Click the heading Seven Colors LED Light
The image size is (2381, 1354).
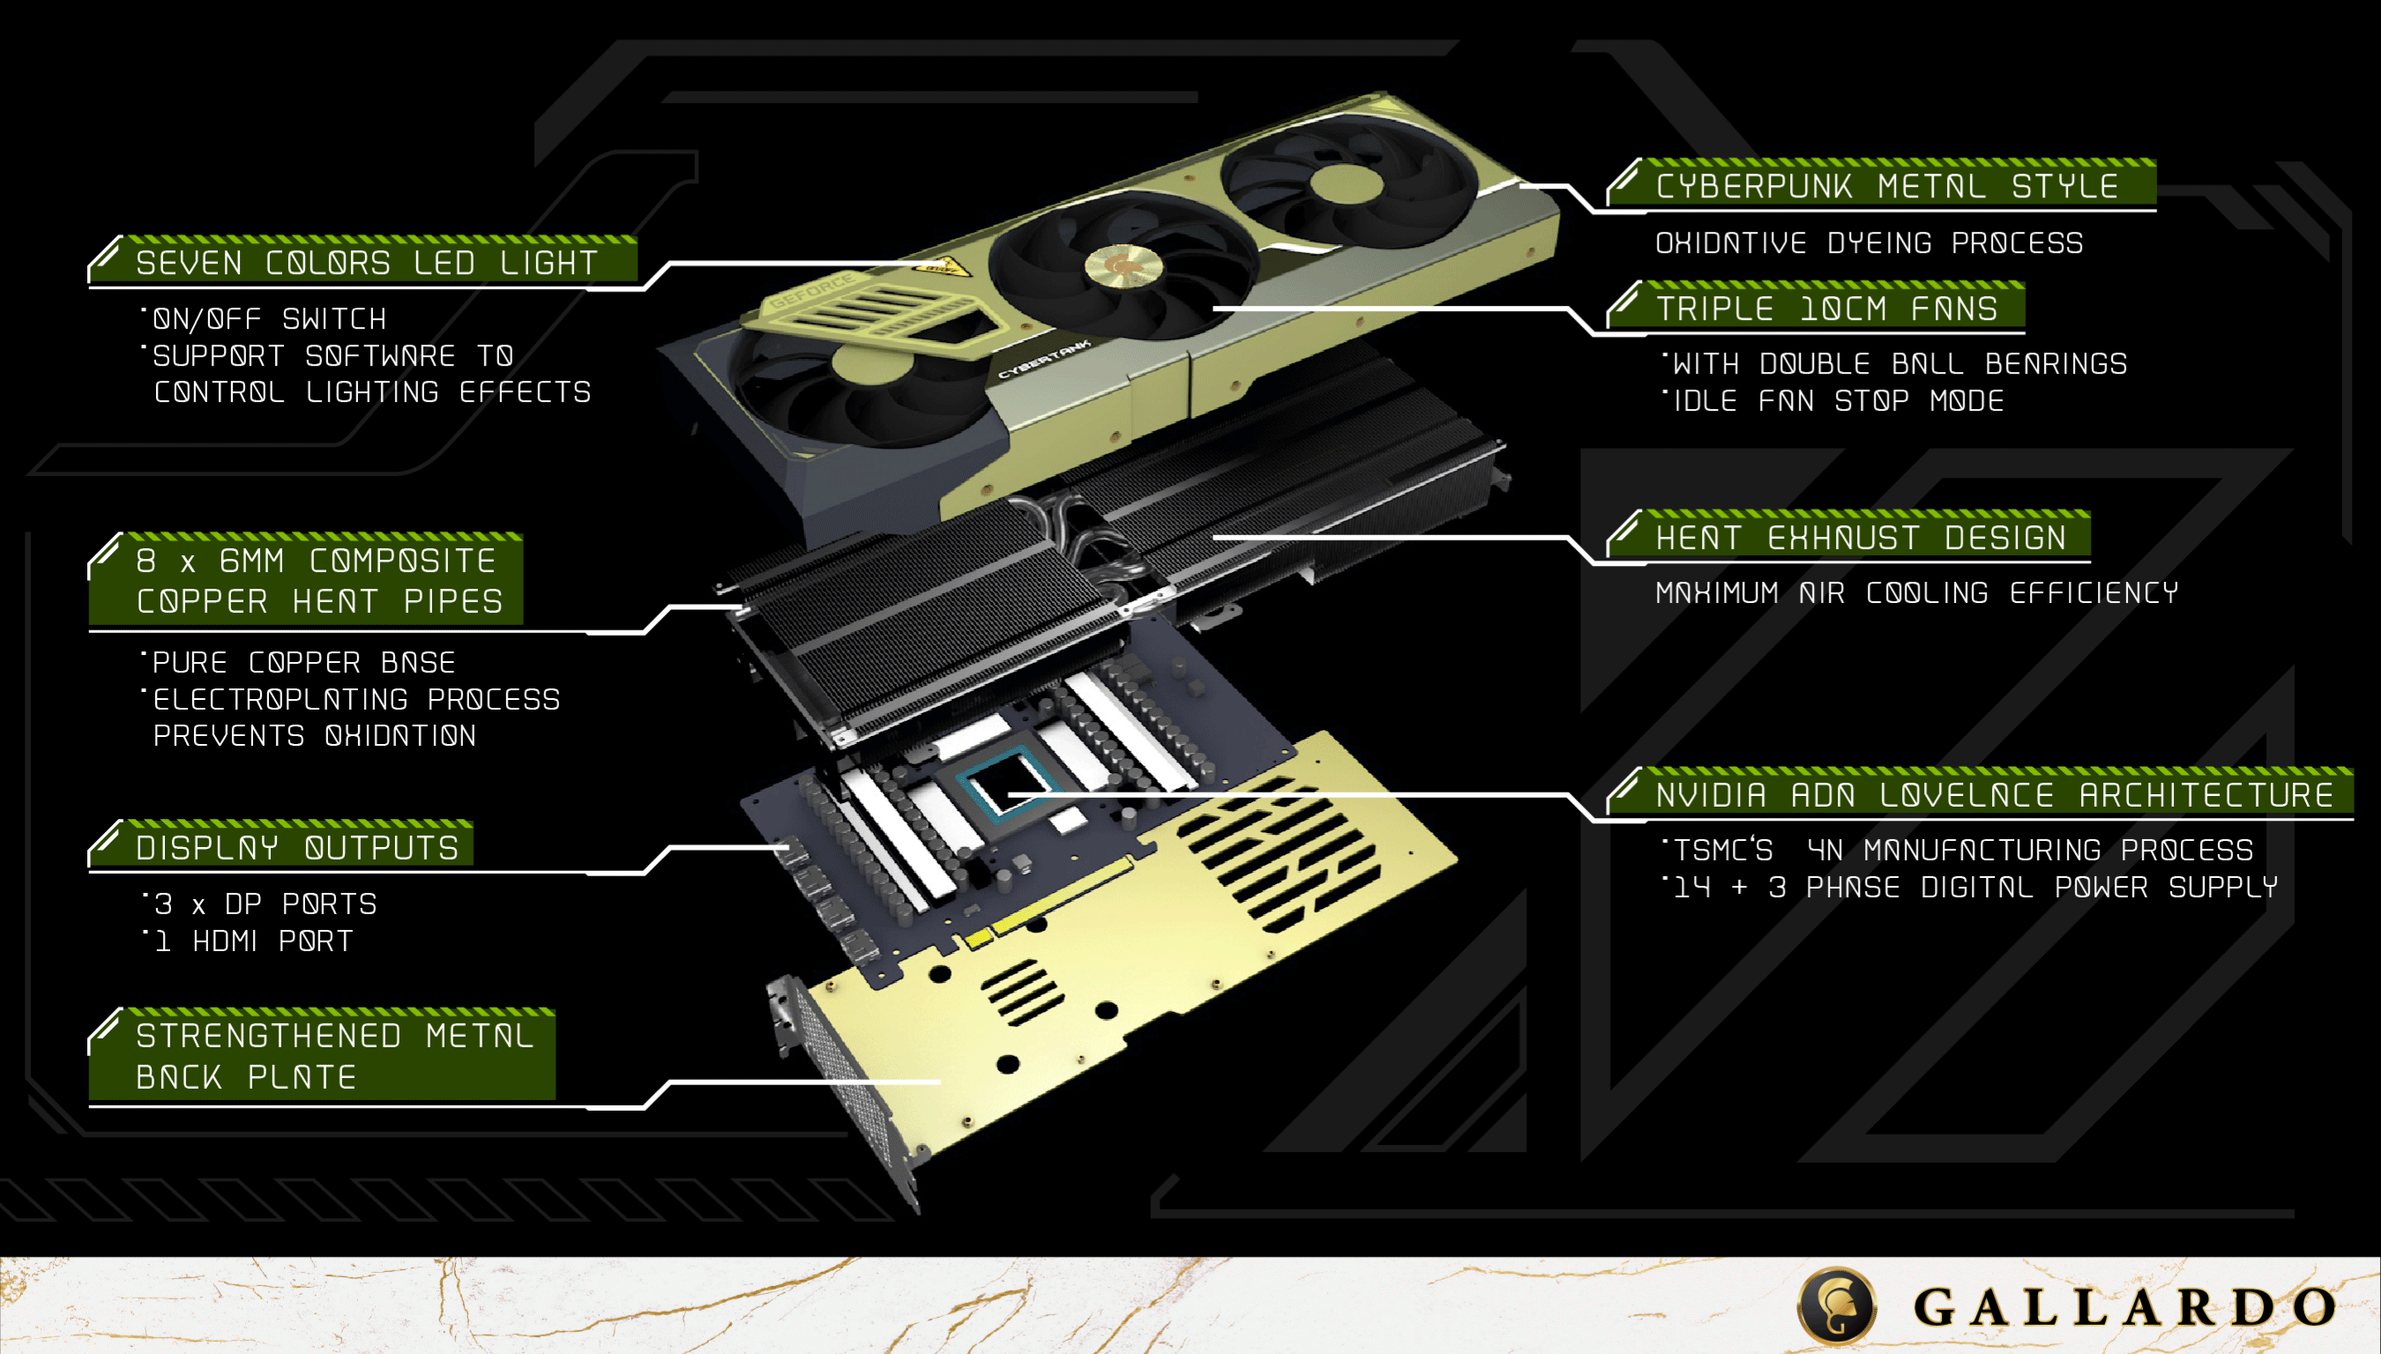pos(367,264)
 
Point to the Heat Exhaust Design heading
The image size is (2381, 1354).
pos(1860,539)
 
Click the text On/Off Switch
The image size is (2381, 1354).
pos(269,320)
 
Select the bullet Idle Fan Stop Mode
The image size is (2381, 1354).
pos(1838,402)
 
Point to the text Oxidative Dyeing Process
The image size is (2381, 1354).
pos(1869,243)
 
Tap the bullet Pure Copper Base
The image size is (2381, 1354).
pos(303,663)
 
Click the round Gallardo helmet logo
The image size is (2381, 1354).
pos(1837,1306)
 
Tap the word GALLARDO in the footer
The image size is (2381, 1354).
pos(2124,1307)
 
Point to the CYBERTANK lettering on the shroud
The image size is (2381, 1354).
pos(1043,361)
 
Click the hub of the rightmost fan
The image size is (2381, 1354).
pos(1346,182)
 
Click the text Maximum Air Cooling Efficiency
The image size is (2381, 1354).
pos(1916,593)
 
